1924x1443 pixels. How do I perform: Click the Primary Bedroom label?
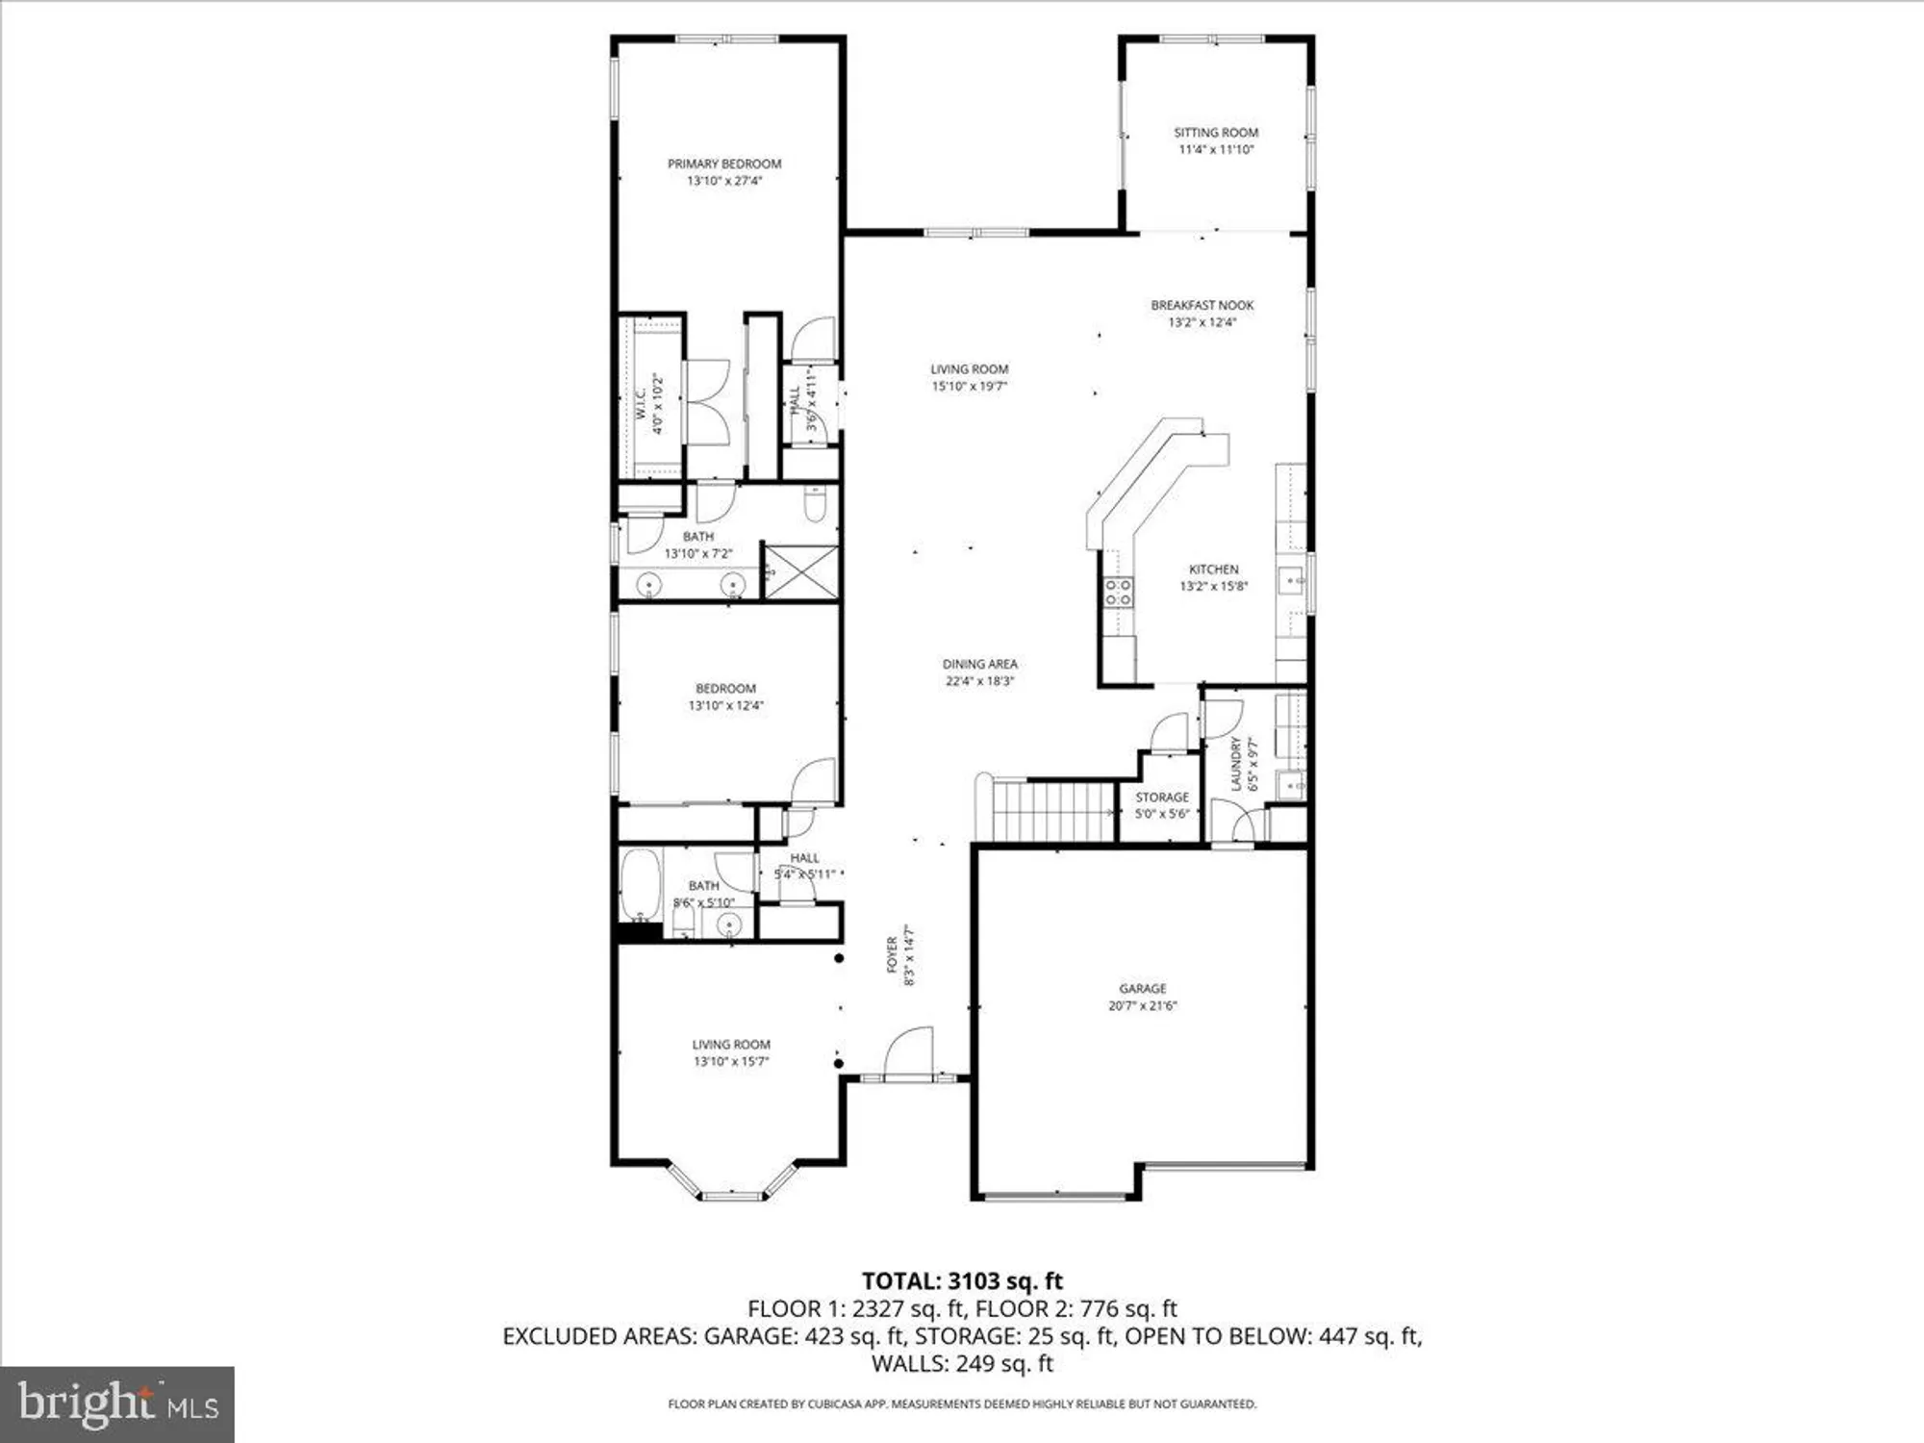pyautogui.click(x=724, y=164)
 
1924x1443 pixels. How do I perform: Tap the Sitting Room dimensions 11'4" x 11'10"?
pyautogui.click(x=1216, y=150)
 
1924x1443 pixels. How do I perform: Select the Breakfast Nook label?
pyautogui.click(x=1202, y=305)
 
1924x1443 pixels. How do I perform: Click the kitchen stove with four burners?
pyautogui.click(x=1118, y=592)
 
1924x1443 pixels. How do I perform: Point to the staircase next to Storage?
pyautogui.click(x=1052, y=811)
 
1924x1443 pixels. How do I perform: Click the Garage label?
pyautogui.click(x=1142, y=988)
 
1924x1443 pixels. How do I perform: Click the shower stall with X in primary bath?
pyautogui.click(x=800, y=571)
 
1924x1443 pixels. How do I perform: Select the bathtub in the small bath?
pyautogui.click(x=640, y=884)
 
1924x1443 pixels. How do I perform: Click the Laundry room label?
pyautogui.click(x=1236, y=764)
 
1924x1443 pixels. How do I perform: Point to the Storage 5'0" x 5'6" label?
pyautogui.click(x=1162, y=805)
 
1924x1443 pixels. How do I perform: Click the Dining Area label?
pyautogui.click(x=979, y=664)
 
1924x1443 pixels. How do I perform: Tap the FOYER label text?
pyautogui.click(x=892, y=954)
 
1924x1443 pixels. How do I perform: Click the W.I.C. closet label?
pyautogui.click(x=641, y=403)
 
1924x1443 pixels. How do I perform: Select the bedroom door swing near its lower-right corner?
pyautogui.click(x=816, y=781)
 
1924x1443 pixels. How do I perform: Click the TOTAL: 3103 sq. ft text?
pyautogui.click(x=962, y=1280)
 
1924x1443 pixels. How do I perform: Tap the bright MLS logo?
pyautogui.click(x=117, y=1405)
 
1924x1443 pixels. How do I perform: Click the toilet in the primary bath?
pyautogui.click(x=815, y=503)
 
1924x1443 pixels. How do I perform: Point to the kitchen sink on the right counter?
pyautogui.click(x=1290, y=580)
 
